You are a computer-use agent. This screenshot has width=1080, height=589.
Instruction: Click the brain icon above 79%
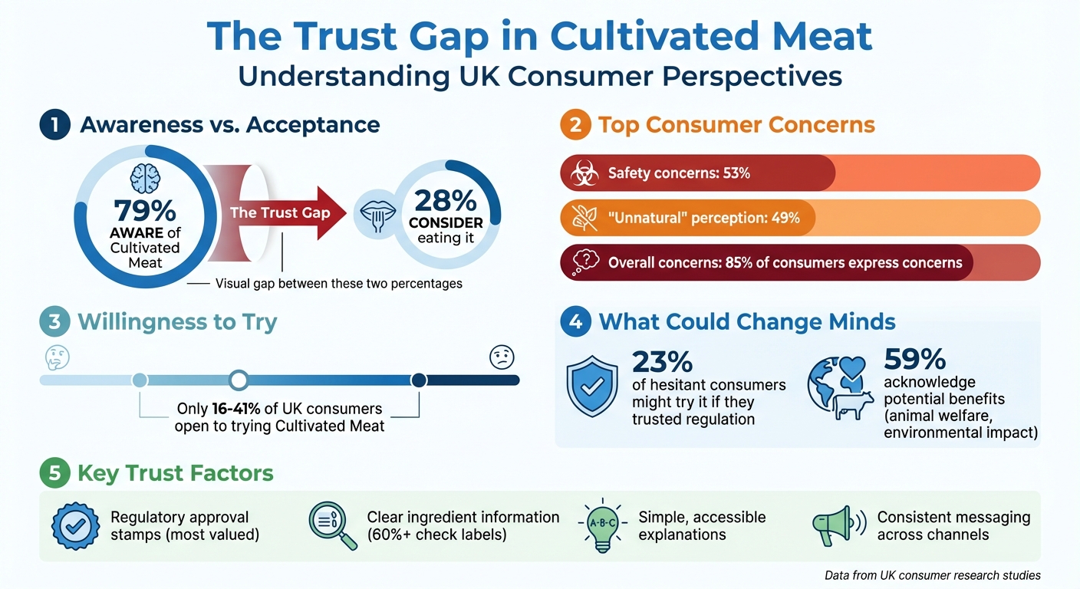click(x=144, y=178)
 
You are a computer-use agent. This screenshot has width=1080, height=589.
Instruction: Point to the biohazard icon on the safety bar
click(x=584, y=173)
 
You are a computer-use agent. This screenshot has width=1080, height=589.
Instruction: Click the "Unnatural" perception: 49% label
click(x=703, y=218)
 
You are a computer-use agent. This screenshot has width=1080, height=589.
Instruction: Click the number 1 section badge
click(x=54, y=124)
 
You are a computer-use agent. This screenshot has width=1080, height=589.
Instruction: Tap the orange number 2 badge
click(x=575, y=124)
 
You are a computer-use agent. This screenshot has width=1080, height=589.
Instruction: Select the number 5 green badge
click(x=54, y=473)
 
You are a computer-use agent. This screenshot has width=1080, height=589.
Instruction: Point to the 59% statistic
click(x=915, y=359)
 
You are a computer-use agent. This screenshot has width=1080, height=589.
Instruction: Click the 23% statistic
click(x=662, y=360)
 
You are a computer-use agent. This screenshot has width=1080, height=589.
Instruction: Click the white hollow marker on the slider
click(x=239, y=380)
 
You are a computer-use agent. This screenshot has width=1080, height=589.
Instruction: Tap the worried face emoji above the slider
click(x=502, y=357)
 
